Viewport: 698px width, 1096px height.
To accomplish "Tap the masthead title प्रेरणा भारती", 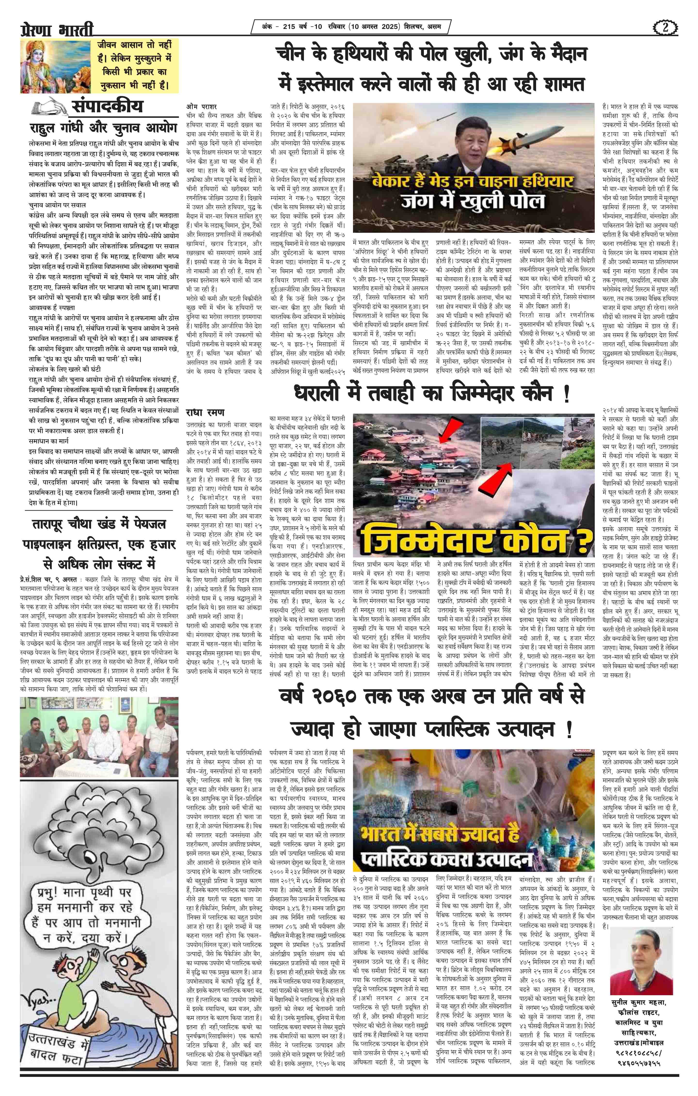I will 57,30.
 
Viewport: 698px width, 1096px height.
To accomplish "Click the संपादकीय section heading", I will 107,106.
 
